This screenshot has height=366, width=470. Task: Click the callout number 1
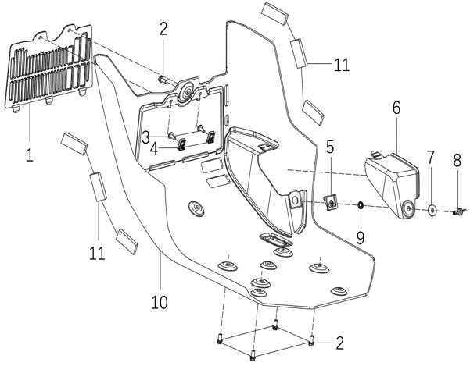(29, 155)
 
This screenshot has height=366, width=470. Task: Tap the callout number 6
(396, 108)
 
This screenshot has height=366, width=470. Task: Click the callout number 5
(329, 146)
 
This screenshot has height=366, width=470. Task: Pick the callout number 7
(429, 158)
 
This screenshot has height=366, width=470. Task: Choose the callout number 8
(457, 162)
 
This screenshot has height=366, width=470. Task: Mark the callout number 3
(146, 137)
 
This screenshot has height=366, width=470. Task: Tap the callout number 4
(155, 147)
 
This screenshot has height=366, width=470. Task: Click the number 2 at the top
(163, 30)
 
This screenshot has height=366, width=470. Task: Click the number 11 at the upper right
(341, 65)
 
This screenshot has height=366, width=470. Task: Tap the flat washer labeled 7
(431, 209)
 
